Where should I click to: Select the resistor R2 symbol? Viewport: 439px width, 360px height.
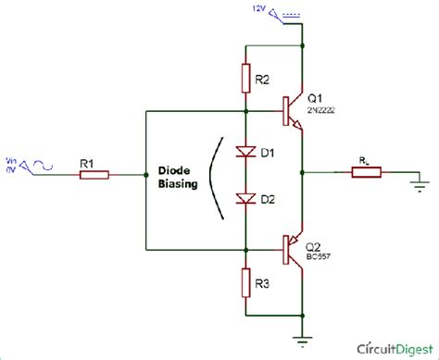245,78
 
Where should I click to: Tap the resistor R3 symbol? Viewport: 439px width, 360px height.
245,280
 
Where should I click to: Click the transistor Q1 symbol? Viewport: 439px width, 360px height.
295,111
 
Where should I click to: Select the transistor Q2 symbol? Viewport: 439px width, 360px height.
295,248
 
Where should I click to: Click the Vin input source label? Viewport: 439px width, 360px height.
12,164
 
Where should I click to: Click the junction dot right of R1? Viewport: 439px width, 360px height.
146,174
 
